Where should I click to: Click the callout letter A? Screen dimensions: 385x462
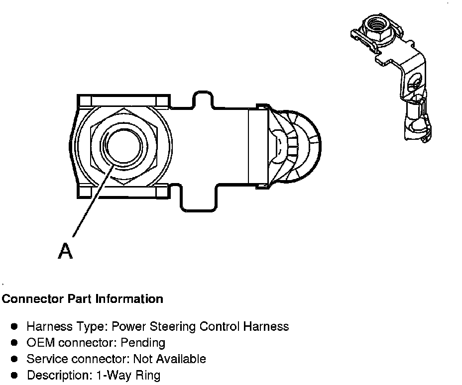[65, 251]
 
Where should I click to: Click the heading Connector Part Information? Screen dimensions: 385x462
[83, 299]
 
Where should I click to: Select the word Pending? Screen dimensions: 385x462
[145, 343]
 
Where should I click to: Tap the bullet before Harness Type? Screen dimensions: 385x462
[15, 327]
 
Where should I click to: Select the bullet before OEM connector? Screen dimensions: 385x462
[15, 343]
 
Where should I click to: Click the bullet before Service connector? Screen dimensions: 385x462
[15, 359]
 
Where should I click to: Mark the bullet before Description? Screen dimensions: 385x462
[15, 375]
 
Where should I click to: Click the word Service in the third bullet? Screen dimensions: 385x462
[45, 359]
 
